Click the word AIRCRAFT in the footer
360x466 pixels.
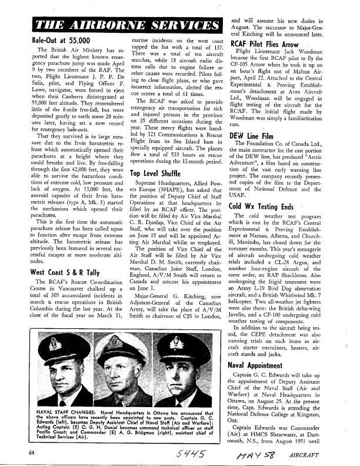[x=319, y=453]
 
